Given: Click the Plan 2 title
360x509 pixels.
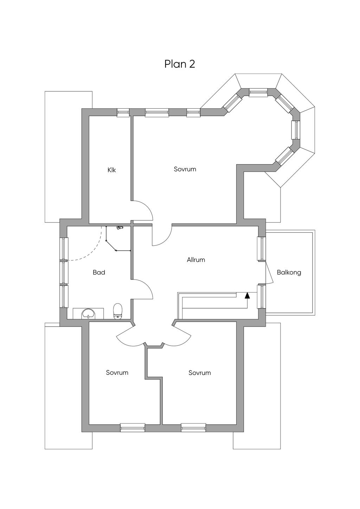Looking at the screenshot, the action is point(180,64).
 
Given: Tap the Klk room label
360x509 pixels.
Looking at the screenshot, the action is point(112,170).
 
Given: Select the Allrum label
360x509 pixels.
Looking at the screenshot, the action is point(196,260).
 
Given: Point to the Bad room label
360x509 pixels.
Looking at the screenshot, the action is point(99,272).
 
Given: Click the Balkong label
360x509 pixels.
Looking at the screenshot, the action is point(289,272).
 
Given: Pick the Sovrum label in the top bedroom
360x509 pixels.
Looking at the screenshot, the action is point(185,169).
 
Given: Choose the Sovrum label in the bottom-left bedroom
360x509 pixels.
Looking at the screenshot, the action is point(117,372).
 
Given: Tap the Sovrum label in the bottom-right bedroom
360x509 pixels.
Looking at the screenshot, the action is point(200,373).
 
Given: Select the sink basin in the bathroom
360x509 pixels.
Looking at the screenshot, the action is point(88,314).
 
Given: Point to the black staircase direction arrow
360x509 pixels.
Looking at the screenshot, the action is point(247,295).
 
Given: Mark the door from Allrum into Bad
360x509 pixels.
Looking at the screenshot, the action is point(142,289).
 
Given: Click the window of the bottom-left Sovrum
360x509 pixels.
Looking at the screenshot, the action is point(133,427).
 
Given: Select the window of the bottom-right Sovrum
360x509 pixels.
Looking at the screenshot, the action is point(193,427).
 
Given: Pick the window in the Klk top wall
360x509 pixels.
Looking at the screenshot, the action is point(123,112).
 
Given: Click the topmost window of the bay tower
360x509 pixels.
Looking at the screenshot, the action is point(258,92).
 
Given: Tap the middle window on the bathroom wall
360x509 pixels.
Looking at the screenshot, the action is point(64,272).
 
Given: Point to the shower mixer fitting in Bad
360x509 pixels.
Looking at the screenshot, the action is point(120,227).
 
